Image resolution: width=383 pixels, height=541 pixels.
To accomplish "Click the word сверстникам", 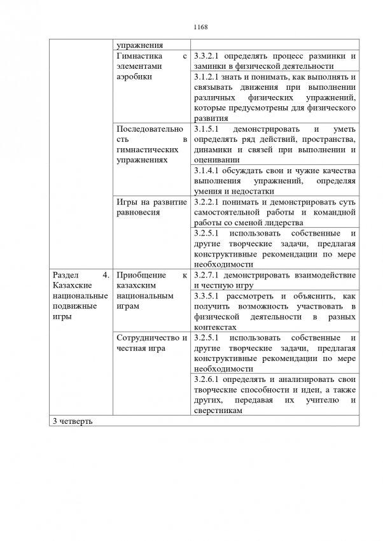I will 216,411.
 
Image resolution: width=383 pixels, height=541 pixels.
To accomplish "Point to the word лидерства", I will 282,223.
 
